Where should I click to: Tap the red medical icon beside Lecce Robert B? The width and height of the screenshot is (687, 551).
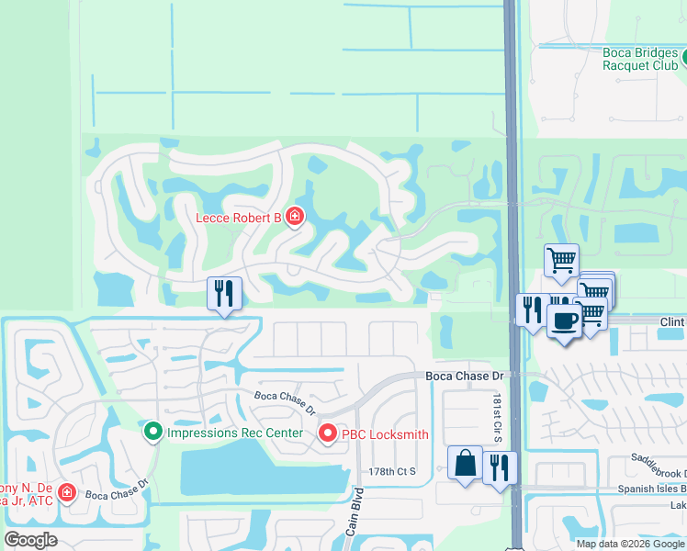(x=295, y=217)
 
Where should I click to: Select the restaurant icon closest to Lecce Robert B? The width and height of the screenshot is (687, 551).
(x=224, y=294)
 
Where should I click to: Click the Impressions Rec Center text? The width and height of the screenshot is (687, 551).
(x=234, y=430)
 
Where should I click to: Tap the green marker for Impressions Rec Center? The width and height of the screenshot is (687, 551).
(x=152, y=430)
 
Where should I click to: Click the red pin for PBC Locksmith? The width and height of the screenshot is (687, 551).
(x=327, y=433)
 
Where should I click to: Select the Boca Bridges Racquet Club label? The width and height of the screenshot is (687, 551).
(x=640, y=59)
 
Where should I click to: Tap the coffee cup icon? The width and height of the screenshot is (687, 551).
(x=564, y=320)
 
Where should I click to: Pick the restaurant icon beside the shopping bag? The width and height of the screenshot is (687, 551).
(x=500, y=467)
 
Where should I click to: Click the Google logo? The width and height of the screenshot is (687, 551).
(x=30, y=540)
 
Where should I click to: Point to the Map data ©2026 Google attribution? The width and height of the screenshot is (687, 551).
(x=629, y=544)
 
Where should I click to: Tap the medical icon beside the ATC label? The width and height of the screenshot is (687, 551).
(x=66, y=493)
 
